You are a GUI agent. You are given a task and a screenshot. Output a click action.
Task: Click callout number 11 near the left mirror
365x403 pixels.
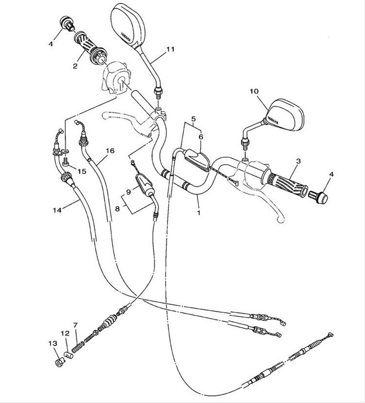[x=170, y=49]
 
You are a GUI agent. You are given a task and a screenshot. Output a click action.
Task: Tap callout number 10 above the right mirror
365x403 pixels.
[x=254, y=91]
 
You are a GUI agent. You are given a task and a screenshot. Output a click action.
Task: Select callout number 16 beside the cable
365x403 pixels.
[x=110, y=151]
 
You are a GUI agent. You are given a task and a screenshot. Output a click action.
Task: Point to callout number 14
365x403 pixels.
[x=57, y=210]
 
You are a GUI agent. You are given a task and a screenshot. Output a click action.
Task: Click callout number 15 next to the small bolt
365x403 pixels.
[x=82, y=171]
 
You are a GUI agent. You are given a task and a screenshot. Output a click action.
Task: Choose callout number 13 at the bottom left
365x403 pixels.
[x=53, y=344]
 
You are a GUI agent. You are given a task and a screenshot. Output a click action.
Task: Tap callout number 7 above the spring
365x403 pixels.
[x=75, y=325]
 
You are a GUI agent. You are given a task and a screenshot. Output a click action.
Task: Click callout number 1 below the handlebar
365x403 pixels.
[x=199, y=213]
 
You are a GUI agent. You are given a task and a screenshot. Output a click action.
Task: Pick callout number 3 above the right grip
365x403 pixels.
[x=298, y=161]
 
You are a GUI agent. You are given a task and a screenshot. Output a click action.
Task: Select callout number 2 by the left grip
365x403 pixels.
[x=75, y=66]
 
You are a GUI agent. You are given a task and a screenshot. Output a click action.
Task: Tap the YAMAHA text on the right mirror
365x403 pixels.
[x=273, y=120]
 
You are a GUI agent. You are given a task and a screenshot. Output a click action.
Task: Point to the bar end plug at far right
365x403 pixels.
[x=318, y=197]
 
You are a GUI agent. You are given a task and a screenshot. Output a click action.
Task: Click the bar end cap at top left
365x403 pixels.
[x=67, y=23]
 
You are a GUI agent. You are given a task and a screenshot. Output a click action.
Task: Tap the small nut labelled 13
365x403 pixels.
[x=60, y=363]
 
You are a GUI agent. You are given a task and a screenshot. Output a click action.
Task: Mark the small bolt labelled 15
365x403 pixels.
[x=65, y=162]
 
